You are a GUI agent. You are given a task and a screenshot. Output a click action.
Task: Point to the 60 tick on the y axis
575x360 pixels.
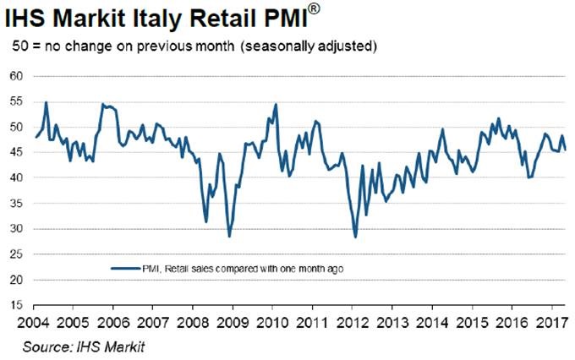pyautogui.click(x=16, y=77)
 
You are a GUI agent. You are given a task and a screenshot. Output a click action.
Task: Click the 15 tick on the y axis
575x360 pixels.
pyautogui.click(x=16, y=305)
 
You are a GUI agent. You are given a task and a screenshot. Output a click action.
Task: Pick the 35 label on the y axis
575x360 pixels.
pyautogui.click(x=16, y=204)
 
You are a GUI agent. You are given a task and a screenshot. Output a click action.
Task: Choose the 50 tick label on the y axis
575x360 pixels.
pyautogui.click(x=16, y=128)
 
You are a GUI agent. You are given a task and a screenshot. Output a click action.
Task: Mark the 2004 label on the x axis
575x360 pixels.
pyautogui.click(x=32, y=322)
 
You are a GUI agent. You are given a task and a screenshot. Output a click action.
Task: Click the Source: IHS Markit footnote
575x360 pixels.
pyautogui.click(x=72, y=346)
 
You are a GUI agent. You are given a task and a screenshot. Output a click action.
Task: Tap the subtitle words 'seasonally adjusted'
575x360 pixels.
pyautogui.click(x=321, y=44)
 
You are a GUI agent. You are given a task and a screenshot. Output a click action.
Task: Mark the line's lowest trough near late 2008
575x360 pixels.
pyautogui.click(x=228, y=237)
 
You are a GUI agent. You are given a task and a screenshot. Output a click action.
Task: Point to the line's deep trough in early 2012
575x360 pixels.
pyautogui.click(x=355, y=237)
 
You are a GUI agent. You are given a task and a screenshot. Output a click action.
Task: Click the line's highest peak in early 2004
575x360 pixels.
pyautogui.click(x=46, y=102)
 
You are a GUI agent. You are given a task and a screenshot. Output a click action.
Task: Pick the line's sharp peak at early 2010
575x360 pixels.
pyautogui.click(x=277, y=104)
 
